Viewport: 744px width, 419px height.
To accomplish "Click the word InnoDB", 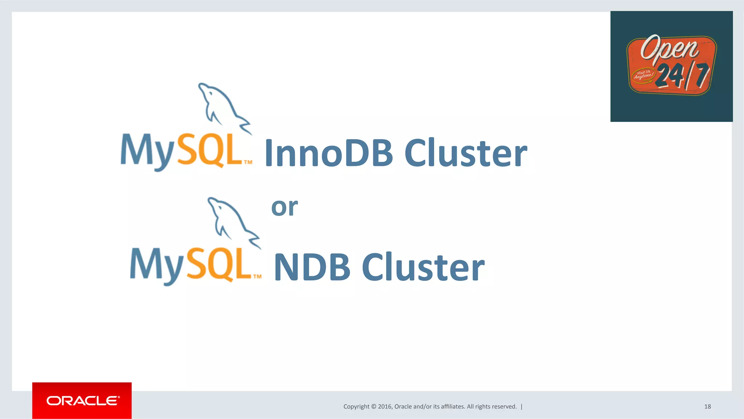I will click(329, 153).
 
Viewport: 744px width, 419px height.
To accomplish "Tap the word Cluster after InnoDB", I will click(466, 153).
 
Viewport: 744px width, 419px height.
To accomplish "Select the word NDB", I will click(312, 267).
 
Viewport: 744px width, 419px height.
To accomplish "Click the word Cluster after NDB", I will click(423, 267).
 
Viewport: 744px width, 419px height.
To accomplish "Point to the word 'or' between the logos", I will click(284, 207).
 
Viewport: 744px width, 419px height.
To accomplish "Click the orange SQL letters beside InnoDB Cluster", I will click(210, 150).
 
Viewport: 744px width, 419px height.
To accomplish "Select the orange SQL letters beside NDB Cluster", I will click(219, 264).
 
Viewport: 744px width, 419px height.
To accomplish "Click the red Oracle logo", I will click(82, 400).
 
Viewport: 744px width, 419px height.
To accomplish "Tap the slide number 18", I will click(707, 407).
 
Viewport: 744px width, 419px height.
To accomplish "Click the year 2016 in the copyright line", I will click(385, 407).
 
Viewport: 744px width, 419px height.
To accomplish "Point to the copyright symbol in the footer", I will click(373, 407).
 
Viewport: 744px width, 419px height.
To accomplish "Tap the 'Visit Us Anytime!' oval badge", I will click(643, 75).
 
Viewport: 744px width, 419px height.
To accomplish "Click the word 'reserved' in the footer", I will click(504, 407).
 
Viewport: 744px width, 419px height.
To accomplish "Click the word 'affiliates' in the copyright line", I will click(452, 407).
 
